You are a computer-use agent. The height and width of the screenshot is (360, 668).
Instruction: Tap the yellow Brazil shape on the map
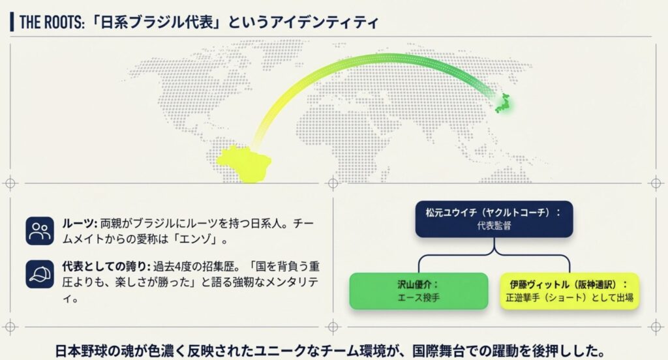tap(245, 162)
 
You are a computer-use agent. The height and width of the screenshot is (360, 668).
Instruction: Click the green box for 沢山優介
tap(418, 290)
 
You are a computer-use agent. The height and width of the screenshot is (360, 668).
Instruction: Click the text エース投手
tap(418, 297)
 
